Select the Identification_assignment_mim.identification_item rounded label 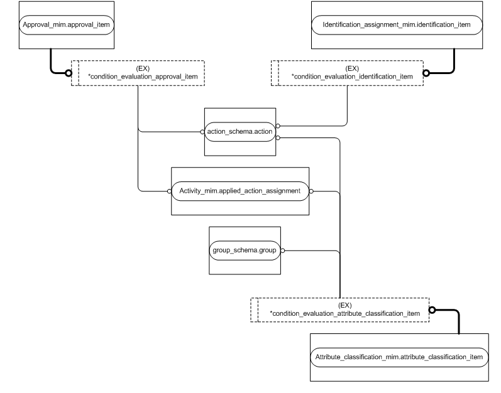[x=398, y=26]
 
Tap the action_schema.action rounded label [x=239, y=132]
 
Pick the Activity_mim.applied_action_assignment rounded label [x=239, y=190]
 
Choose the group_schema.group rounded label [x=244, y=250]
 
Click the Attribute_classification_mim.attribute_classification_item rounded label [x=399, y=357]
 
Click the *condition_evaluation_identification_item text [x=352, y=76]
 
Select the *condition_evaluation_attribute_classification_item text [x=344, y=313]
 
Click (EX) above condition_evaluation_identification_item [x=352, y=67]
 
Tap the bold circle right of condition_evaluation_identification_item [x=426, y=72]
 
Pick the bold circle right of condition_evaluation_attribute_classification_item [x=432, y=310]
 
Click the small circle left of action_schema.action [x=202, y=132]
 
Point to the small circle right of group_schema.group [x=282, y=250]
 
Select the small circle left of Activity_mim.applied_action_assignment [x=168, y=190]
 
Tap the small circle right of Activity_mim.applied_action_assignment [x=311, y=190]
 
